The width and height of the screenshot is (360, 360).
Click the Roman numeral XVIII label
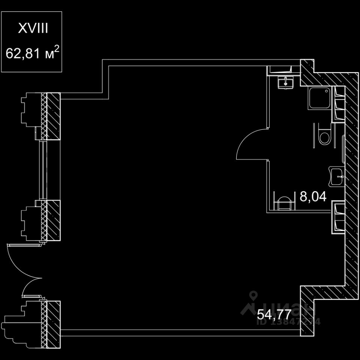(33, 29)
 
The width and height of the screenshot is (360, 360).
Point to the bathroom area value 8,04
(313, 196)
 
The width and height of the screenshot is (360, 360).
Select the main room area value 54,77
(274, 313)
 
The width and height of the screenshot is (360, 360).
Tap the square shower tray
(319, 98)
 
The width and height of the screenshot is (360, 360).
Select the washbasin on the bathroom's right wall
(337, 176)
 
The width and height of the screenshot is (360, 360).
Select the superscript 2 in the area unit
(56, 48)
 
